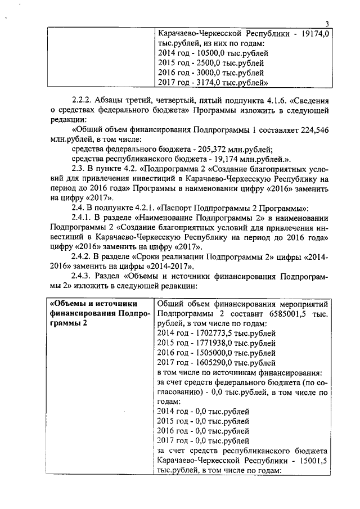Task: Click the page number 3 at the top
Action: pyautogui.click(x=327, y=23)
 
